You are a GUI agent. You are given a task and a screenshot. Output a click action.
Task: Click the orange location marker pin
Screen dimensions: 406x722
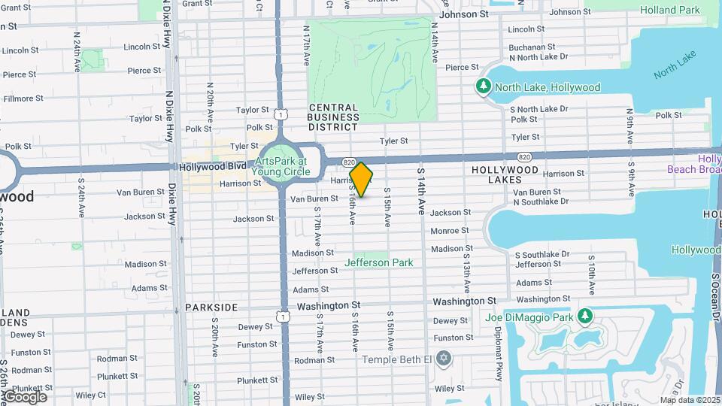[x=361, y=180]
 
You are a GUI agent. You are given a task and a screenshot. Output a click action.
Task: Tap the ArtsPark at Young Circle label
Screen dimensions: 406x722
[x=281, y=166]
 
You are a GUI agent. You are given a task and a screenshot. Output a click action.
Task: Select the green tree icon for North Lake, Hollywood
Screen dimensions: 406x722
[x=484, y=87]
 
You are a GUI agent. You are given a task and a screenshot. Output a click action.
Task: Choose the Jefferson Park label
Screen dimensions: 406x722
[x=378, y=262]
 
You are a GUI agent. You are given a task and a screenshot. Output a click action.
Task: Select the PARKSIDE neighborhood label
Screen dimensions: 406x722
[x=212, y=308]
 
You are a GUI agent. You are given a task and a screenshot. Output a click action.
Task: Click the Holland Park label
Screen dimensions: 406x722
[x=669, y=10]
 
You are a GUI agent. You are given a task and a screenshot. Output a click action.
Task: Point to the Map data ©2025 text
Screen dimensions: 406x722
[x=690, y=399]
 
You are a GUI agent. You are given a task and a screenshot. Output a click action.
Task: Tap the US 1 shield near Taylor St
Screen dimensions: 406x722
[x=279, y=114]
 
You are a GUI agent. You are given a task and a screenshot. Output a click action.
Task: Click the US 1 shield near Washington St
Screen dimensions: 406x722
[x=284, y=317]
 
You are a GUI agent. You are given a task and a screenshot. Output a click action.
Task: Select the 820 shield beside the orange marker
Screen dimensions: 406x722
[x=350, y=162]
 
